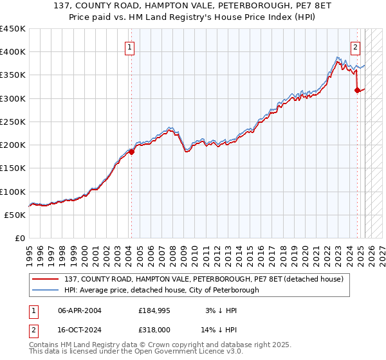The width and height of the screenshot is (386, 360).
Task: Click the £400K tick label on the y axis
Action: pyautogui.click(x=13, y=52)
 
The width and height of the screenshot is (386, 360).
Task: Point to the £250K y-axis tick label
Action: pyautogui.click(x=13, y=122)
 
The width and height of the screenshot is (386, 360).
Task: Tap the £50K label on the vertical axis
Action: pyautogui.click(x=15, y=215)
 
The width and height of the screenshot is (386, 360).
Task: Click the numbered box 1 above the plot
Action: pyautogui.click(x=130, y=47)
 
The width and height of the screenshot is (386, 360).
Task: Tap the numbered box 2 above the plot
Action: pyautogui.click(x=356, y=47)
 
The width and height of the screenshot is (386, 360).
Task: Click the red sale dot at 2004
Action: pyautogui.click(x=131, y=152)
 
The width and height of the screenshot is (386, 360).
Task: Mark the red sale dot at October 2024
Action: pyautogui.click(x=357, y=91)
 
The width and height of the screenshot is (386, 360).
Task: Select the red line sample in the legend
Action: pyautogui.click(x=45, y=279)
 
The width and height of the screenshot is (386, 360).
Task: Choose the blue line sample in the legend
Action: pyautogui.click(x=45, y=290)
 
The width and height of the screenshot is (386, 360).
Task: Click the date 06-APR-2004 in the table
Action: pyautogui.click(x=80, y=310)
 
